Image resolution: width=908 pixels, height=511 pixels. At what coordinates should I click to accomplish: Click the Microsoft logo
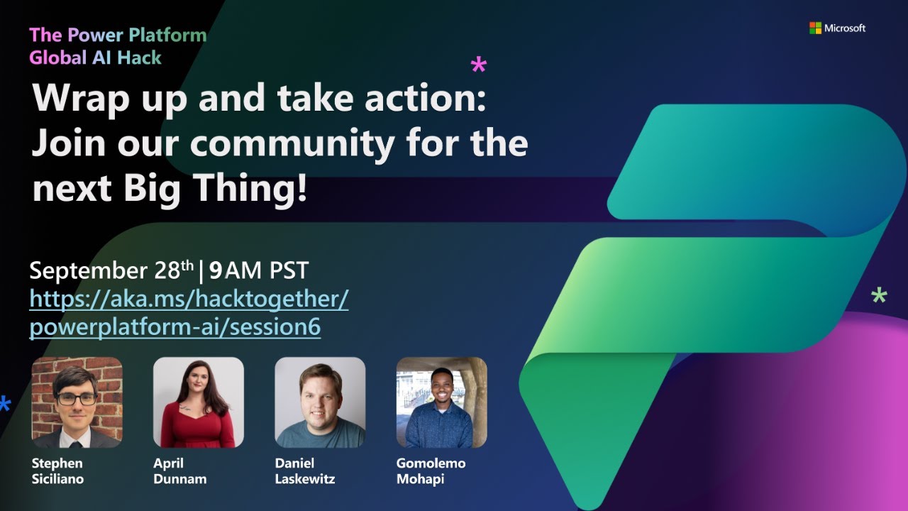click(837, 28)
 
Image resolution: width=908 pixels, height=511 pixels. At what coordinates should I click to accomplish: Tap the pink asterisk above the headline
click(479, 67)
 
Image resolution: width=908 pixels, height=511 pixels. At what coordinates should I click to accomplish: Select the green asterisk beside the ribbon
click(879, 296)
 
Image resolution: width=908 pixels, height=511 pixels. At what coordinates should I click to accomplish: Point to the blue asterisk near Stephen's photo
click(4, 404)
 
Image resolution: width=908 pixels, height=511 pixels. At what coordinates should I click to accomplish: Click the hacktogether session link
click(189, 313)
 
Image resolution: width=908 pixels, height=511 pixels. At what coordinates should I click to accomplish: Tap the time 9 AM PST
click(259, 270)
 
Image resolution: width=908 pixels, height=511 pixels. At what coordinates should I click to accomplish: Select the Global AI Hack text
click(96, 57)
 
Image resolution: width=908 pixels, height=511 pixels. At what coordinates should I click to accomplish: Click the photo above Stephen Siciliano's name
click(77, 402)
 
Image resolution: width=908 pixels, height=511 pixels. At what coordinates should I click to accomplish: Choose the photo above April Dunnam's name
click(198, 402)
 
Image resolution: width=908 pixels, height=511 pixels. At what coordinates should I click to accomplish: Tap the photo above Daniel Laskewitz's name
click(320, 402)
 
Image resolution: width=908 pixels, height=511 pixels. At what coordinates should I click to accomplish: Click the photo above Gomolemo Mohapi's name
click(441, 402)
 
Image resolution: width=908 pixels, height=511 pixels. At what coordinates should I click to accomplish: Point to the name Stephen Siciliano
click(57, 471)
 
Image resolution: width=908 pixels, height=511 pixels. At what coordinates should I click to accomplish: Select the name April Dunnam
click(179, 471)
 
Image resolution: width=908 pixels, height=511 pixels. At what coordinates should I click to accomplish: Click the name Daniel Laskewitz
click(304, 471)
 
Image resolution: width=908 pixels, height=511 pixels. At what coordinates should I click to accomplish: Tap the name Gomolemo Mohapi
click(431, 471)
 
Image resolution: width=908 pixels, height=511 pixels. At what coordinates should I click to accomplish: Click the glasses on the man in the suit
click(76, 399)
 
